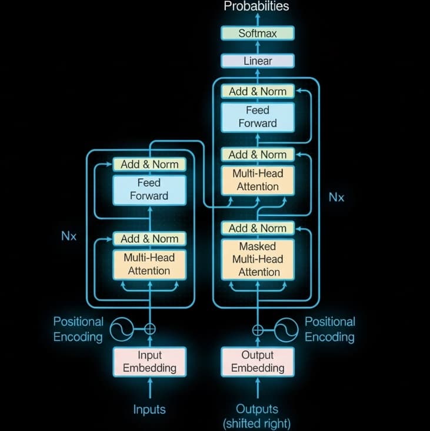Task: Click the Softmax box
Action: pos(257,34)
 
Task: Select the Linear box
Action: pos(257,61)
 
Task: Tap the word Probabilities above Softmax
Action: pos(256,7)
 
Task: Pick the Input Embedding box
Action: pos(149,362)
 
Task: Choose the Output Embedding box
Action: pos(258,362)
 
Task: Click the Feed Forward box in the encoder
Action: pos(149,189)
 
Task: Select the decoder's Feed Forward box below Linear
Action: pos(257,116)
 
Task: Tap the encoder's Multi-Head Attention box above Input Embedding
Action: pos(149,264)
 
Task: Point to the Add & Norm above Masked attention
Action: pos(257,228)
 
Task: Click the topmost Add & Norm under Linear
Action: pos(257,91)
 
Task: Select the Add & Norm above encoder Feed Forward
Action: pos(149,164)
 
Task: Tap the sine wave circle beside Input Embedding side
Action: pos(122,329)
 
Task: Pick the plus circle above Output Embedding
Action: pos(258,329)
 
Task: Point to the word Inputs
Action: pos(149,409)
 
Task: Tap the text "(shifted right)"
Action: pos(257,423)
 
